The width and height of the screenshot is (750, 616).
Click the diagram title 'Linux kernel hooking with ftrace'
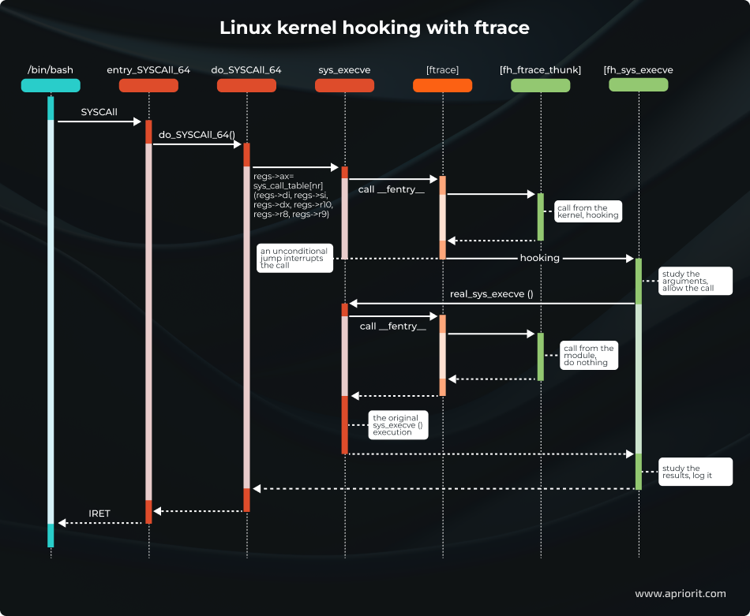pos(374,28)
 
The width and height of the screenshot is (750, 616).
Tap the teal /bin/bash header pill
pos(51,85)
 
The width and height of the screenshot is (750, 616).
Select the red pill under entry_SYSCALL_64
pos(148,85)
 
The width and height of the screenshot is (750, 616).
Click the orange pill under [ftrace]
pos(442,85)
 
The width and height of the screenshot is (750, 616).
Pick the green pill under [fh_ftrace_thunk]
pos(540,85)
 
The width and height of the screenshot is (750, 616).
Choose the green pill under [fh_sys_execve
pos(638,85)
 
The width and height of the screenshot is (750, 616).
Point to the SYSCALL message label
pos(99,113)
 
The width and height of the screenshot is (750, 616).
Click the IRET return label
pos(99,513)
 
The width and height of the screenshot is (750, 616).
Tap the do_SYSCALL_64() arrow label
pos(197,135)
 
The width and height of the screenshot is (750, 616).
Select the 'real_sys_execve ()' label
pos(491,294)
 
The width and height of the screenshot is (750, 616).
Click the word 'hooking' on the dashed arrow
pos(539,258)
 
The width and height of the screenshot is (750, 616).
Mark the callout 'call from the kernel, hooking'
pos(587,211)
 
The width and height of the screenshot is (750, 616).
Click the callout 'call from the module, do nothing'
pos(587,355)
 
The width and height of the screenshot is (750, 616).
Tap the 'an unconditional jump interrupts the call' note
pos(294,259)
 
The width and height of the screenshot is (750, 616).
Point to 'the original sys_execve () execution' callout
pos(398,424)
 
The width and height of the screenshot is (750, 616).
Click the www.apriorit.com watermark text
pos(680,593)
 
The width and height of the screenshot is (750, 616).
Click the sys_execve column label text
pos(344,70)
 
